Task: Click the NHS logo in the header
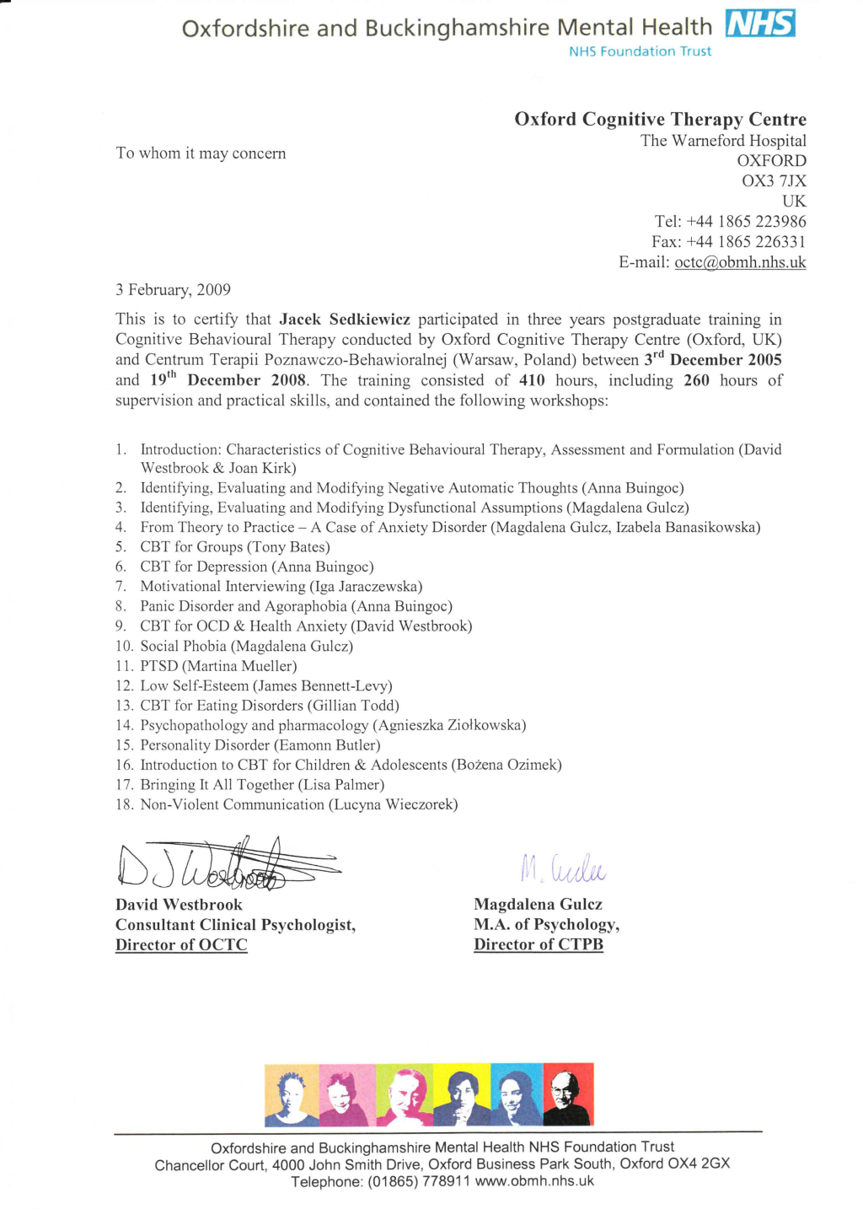(x=760, y=24)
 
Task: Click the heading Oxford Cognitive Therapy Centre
(x=660, y=119)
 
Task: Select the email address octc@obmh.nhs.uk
(x=740, y=262)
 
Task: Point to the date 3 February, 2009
(x=173, y=290)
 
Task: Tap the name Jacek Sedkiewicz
(x=345, y=320)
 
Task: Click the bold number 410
(x=532, y=380)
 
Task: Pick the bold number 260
(x=696, y=380)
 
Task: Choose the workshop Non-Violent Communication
(x=232, y=804)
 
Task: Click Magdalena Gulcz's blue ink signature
(x=562, y=868)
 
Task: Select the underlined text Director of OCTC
(x=181, y=945)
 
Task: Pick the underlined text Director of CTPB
(x=539, y=945)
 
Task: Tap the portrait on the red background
(x=569, y=1094)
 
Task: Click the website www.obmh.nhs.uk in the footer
(x=534, y=1181)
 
